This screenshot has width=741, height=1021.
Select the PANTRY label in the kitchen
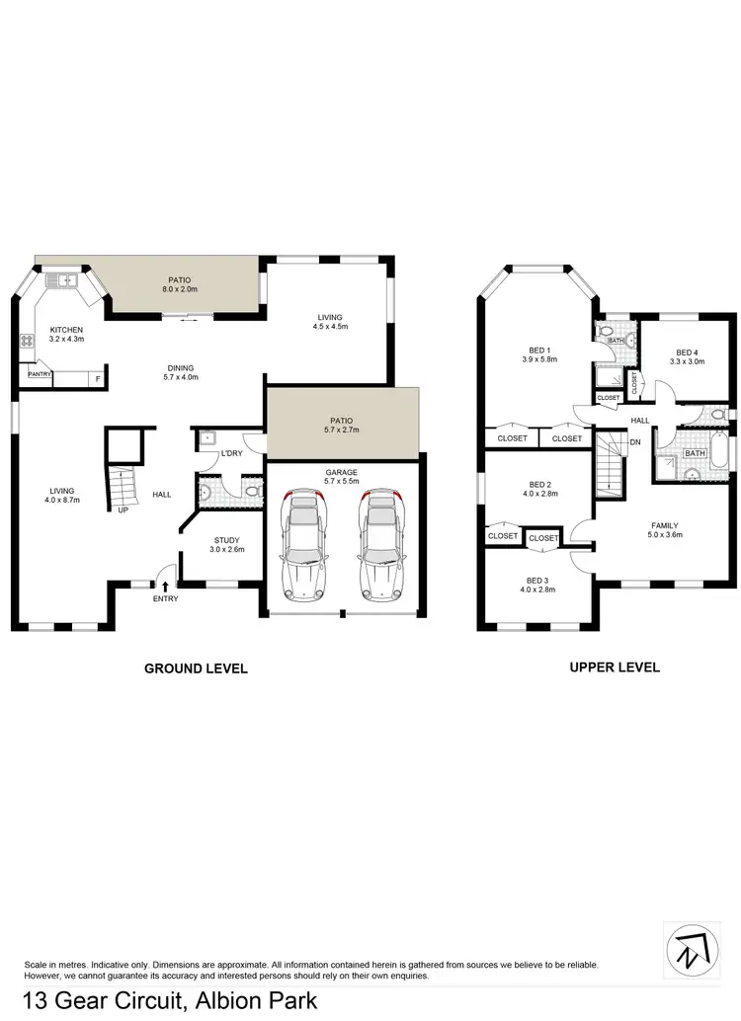40,374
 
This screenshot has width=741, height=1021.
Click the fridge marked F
98,378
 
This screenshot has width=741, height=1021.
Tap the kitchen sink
66,281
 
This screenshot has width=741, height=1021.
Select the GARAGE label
342,473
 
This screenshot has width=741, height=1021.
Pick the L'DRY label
233,453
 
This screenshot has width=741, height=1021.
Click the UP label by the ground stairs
123,511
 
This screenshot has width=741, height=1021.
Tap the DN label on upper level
635,441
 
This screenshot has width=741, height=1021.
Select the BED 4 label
687,353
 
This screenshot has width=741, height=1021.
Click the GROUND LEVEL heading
196,668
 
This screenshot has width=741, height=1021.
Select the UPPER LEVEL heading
615,668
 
